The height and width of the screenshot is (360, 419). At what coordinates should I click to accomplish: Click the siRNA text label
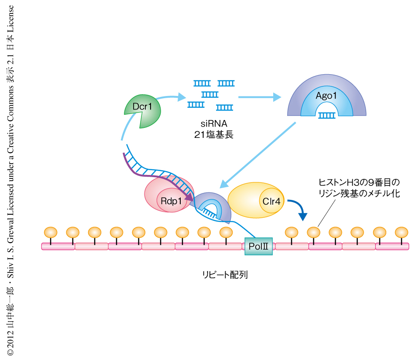pyautogui.click(x=213, y=124)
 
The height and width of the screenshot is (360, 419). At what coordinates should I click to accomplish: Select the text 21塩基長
pyautogui.click(x=213, y=134)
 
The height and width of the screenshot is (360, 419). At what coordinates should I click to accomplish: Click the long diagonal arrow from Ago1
pyautogui.click(x=258, y=153)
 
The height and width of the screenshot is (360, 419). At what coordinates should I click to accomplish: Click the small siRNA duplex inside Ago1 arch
pyautogui.click(x=326, y=115)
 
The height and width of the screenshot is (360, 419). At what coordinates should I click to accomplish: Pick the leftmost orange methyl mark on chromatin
pyautogui.click(x=51, y=231)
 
